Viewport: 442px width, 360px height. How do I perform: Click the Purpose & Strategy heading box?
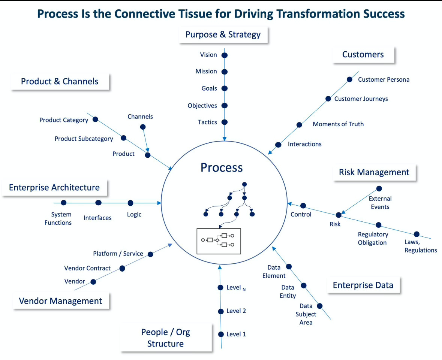(x=223, y=35)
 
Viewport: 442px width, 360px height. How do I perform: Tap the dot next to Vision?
(x=225, y=55)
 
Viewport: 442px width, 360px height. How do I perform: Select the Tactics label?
(x=207, y=122)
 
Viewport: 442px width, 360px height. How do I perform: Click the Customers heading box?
(x=363, y=55)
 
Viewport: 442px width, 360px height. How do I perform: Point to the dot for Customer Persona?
(x=349, y=79)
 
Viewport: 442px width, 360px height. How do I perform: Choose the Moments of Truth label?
(x=338, y=124)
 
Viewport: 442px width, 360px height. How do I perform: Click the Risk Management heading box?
(x=374, y=172)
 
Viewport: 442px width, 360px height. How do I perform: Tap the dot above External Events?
(x=379, y=188)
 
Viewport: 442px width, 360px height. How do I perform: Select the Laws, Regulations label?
(x=421, y=246)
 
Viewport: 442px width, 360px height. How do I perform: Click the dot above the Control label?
(x=303, y=206)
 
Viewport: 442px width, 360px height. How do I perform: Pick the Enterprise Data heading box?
(x=363, y=285)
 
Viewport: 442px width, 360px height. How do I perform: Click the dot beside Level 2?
(x=220, y=311)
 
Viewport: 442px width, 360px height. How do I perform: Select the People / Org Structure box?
(x=165, y=338)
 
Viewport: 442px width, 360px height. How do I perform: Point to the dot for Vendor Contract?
(x=122, y=268)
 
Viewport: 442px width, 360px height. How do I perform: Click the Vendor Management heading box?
(x=60, y=301)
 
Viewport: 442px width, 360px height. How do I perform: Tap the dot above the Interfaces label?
(x=98, y=203)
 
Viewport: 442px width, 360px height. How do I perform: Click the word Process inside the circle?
(x=222, y=167)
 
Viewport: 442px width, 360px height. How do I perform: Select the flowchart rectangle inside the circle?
(x=219, y=241)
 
